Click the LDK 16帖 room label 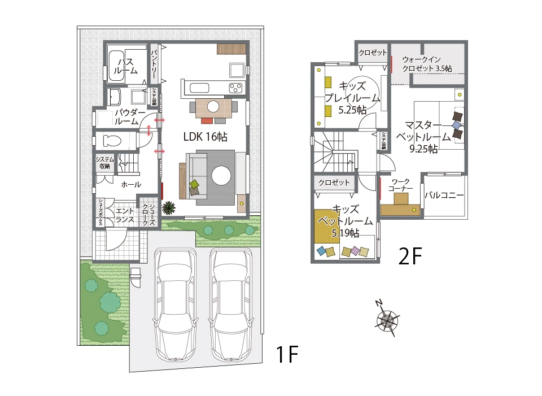206,137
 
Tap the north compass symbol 387,320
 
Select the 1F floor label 286,355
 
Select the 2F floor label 410,257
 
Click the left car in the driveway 176,305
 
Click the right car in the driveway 231,305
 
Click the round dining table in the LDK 213,106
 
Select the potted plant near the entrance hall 168,208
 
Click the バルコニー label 444,196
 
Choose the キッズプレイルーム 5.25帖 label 352,98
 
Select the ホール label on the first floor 131,184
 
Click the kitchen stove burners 235,88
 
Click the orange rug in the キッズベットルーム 327,226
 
